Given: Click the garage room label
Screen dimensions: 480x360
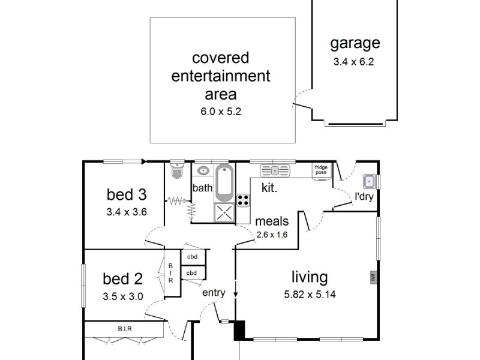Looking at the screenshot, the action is pyautogui.click(x=355, y=43).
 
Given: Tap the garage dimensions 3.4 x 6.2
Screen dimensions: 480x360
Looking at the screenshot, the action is pyautogui.click(x=354, y=62).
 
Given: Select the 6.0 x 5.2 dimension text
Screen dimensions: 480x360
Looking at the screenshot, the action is pyautogui.click(x=221, y=112).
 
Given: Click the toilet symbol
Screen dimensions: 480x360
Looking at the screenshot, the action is pyautogui.click(x=177, y=169).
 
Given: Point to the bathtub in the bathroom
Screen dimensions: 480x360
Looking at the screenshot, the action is pyautogui.click(x=224, y=183).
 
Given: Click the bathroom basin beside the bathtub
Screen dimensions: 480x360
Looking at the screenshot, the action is pyautogui.click(x=203, y=170).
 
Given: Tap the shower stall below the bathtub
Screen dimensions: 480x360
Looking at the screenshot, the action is pyautogui.click(x=224, y=212).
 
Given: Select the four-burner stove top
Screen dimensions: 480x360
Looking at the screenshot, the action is pyautogui.click(x=243, y=200).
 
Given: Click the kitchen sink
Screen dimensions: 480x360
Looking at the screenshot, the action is pyautogui.click(x=275, y=171).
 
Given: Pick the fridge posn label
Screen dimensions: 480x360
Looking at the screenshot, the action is pyautogui.click(x=321, y=170).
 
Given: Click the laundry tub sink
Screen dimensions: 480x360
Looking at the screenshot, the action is pyautogui.click(x=370, y=182).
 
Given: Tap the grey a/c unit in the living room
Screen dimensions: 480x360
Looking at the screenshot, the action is pyautogui.click(x=373, y=277).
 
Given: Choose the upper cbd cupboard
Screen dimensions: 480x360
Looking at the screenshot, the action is pyautogui.click(x=192, y=257).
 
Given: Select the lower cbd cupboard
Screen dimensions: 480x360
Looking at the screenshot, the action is pyautogui.click(x=191, y=273).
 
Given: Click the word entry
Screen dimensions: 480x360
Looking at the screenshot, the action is pyautogui.click(x=214, y=293).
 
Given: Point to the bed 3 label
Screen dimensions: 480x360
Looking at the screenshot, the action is pyautogui.click(x=127, y=194).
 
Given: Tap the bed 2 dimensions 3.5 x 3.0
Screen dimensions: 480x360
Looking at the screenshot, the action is pyautogui.click(x=123, y=296).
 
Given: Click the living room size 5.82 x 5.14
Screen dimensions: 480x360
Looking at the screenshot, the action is pyautogui.click(x=310, y=295).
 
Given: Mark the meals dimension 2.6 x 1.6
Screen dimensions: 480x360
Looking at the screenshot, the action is pyautogui.click(x=272, y=235).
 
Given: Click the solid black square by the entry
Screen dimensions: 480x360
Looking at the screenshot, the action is pyautogui.click(x=239, y=331).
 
